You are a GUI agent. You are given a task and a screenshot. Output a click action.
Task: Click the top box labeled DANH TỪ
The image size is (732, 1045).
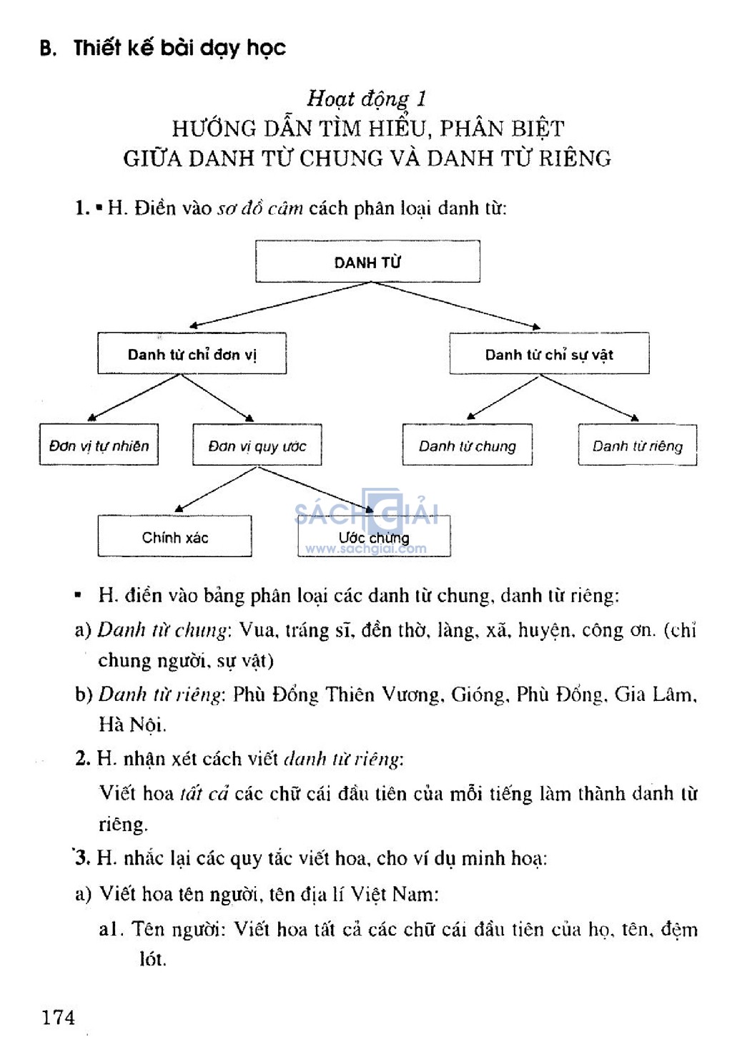tap(367, 261)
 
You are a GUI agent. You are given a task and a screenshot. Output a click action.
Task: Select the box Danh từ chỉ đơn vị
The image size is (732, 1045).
tap(192, 353)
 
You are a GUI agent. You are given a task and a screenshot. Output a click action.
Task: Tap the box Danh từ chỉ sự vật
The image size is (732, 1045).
tap(549, 353)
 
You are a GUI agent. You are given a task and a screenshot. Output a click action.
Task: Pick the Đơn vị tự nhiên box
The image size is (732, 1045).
tap(99, 444)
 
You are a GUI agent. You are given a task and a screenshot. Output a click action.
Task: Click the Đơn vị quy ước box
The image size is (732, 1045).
tap(257, 445)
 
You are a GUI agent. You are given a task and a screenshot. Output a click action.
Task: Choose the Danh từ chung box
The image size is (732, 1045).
tap(468, 445)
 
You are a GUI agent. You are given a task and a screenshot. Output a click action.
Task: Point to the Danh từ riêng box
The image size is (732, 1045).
tap(638, 445)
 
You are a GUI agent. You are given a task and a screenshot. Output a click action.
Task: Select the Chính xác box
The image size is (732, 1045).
tap(175, 536)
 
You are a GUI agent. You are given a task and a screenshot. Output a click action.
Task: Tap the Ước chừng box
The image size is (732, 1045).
tap(374, 536)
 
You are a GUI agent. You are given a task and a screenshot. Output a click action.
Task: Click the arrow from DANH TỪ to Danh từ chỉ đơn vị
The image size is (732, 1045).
tap(280, 304)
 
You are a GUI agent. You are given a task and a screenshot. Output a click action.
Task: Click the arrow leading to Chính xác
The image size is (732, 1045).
tap(216, 489)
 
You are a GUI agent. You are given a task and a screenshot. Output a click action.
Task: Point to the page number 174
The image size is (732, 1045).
tap(59, 1017)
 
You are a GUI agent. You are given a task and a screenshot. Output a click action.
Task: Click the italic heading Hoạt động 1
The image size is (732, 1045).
tap(367, 99)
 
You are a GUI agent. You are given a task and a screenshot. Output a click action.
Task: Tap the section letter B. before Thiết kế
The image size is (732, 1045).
tap(48, 49)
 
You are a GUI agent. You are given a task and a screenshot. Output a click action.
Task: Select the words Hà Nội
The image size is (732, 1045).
tap(132, 725)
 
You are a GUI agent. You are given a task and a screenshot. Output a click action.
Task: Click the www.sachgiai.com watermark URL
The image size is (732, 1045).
tap(365, 549)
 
